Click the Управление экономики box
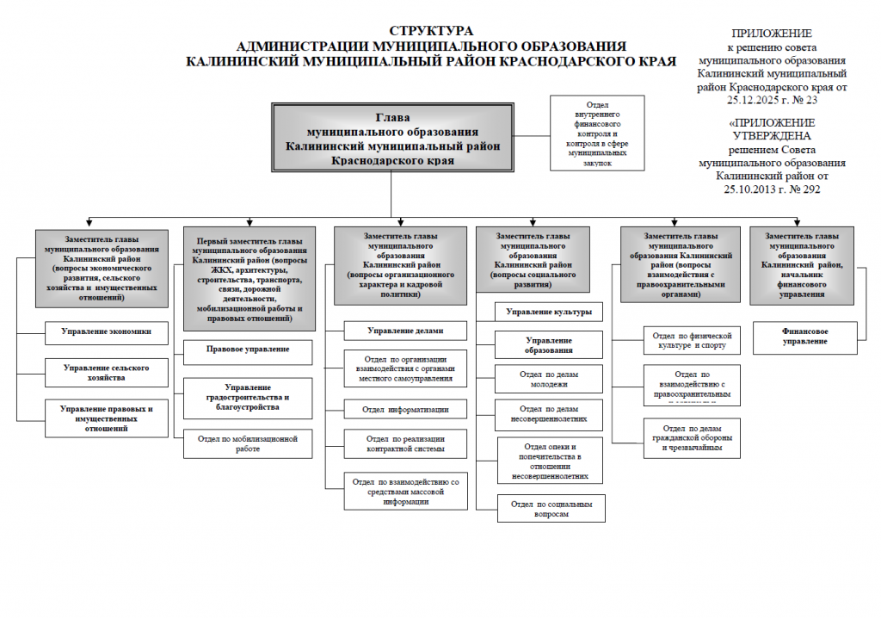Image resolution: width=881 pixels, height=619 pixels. coord(106,332)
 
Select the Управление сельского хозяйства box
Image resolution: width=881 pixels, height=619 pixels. coord(106,373)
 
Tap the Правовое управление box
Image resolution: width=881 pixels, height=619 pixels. coord(248,350)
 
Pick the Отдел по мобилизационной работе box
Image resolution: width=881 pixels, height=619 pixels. coord(248,443)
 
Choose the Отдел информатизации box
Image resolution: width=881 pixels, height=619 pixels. coord(405,409)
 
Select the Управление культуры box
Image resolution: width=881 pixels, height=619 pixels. coord(549,312)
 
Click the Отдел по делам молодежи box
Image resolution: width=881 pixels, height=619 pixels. coord(549,379)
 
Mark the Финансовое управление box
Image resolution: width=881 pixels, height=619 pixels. coord(804,336)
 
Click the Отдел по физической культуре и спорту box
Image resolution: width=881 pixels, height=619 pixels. coord(691,340)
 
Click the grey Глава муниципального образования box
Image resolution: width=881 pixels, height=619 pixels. coord(392,139)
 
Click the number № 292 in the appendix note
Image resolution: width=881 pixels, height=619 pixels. coord(801,189)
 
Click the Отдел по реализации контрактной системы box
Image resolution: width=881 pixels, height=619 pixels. coord(405,443)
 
